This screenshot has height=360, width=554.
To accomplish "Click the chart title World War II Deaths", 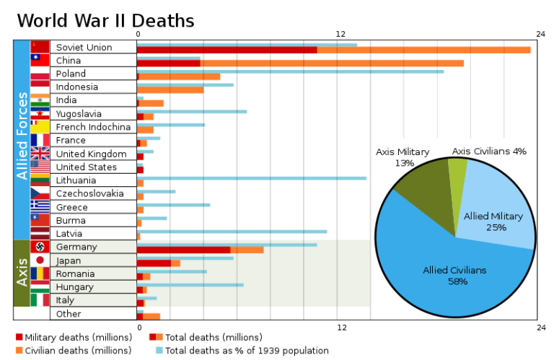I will (x=105, y=19).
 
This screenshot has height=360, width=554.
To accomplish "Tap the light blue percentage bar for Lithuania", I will (x=252, y=177).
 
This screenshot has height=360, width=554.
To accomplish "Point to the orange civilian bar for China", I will (x=332, y=63).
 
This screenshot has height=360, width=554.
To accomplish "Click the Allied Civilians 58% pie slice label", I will (x=454, y=275).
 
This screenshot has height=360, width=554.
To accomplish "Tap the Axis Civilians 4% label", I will (x=489, y=152).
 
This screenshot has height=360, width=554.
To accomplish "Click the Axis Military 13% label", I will (x=403, y=157).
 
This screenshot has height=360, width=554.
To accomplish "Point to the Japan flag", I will (x=40, y=260).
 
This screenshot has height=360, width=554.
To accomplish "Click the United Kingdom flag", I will (x=40, y=154).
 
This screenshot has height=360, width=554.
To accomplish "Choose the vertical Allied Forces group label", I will (x=22, y=136).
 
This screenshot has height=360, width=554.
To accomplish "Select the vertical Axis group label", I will (x=22, y=273).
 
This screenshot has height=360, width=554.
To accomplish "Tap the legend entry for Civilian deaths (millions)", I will (x=63, y=350).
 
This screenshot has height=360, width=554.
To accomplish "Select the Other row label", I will (x=69, y=314).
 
